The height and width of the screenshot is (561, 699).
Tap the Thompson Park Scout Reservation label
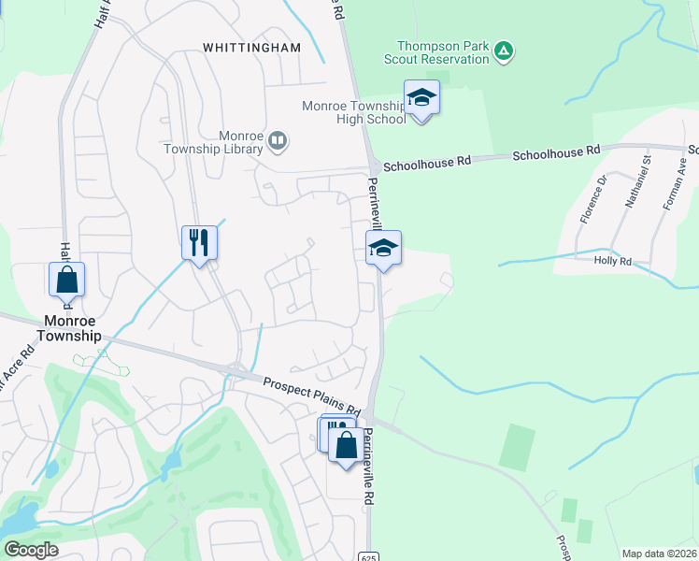pos(443,52)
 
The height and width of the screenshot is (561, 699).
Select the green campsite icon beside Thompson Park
pos(504,50)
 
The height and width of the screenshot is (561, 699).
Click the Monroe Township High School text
pos(353,112)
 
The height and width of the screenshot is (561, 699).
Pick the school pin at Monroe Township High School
pos(421,97)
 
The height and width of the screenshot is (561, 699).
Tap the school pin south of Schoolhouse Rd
pos(383,248)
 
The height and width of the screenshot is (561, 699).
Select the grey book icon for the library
pos(278,141)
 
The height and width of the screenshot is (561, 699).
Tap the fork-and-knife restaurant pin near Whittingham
pos(199,242)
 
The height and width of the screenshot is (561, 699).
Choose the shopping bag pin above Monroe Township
pos(66,279)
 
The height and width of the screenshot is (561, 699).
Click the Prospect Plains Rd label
pos(311,396)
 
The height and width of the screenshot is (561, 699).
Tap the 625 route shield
pos(368,556)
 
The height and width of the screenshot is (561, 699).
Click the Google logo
pos(32,550)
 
